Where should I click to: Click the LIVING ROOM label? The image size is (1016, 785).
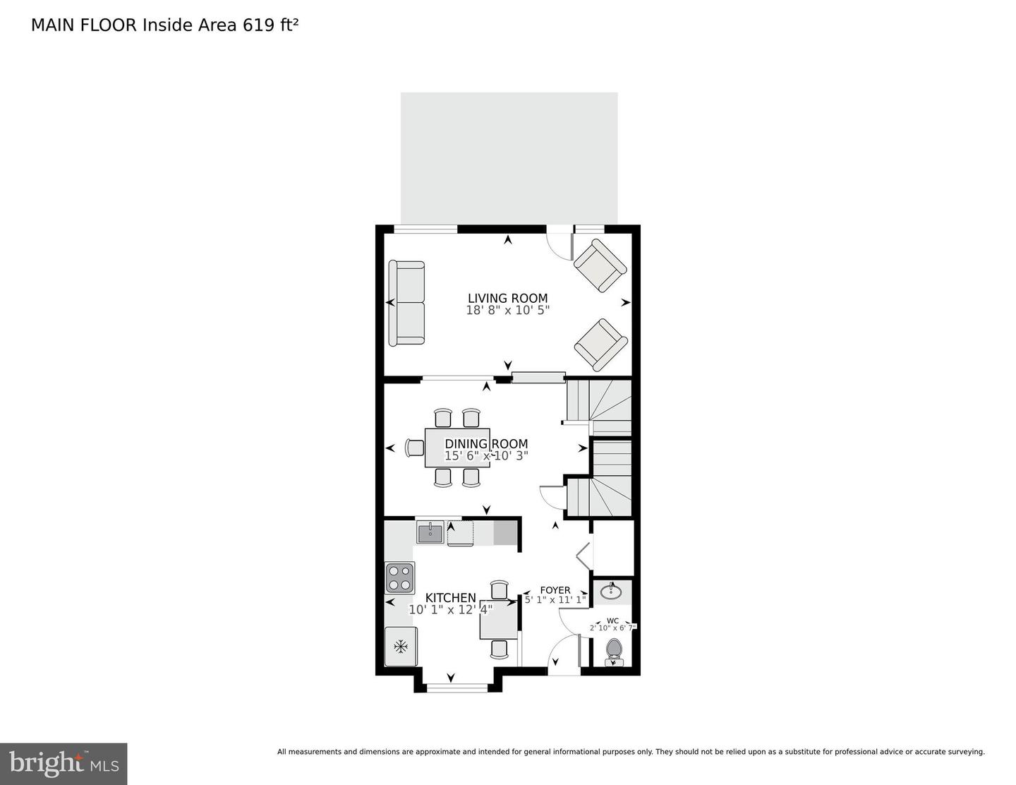[507, 299]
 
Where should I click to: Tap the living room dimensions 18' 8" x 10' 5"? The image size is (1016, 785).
[507, 310]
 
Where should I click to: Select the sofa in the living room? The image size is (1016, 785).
[406, 303]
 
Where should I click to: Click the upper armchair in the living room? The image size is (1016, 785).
[600, 265]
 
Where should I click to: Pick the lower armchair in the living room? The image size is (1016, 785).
[600, 344]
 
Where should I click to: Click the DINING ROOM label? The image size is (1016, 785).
[486, 444]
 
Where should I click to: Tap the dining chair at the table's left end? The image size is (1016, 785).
[414, 448]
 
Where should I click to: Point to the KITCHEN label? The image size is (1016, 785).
[450, 598]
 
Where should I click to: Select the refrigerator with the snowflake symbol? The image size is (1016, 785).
[400, 646]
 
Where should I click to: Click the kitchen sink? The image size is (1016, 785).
[430, 532]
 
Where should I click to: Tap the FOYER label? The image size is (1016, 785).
[555, 590]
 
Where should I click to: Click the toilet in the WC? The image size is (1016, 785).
[613, 652]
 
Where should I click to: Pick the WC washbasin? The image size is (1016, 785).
[611, 592]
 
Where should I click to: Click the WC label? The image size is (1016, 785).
[612, 621]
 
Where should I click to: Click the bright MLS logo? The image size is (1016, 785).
[64, 764]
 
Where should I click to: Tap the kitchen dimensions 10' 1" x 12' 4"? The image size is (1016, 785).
[450, 609]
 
